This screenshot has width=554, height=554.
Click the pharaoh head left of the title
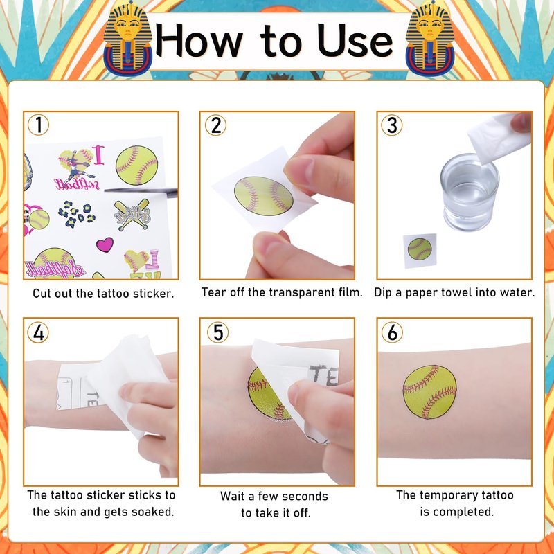coord(127,38)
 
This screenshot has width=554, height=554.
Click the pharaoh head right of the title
coord(430,38)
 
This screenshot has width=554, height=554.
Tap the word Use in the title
coord(355,41)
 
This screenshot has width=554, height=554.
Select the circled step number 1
coord(38,125)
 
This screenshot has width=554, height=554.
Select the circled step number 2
coord(215,125)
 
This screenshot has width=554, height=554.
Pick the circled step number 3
coord(391,125)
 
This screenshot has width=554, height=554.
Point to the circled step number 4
coord(38,332)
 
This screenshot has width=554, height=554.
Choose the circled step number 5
coord(217,332)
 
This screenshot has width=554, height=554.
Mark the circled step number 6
coord(392,332)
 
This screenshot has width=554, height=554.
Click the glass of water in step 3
coord(470,193)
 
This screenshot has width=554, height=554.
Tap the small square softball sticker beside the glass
coord(420,250)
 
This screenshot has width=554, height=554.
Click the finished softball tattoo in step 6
coord(429,392)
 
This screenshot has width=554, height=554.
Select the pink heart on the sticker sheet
coord(105,244)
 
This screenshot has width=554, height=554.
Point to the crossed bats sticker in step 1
coord(132,215)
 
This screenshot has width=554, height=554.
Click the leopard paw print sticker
coord(76,214)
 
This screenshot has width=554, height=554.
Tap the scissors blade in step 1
coord(141,191)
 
